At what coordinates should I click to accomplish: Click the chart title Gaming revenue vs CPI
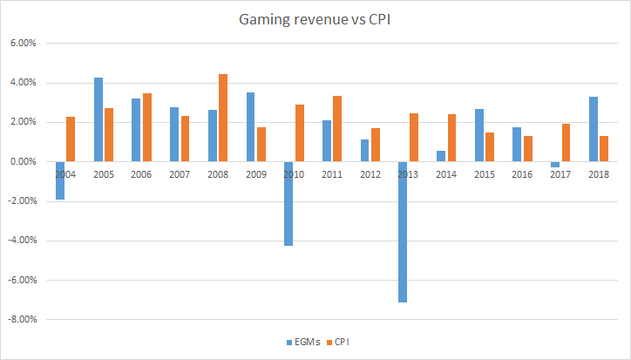[315, 18]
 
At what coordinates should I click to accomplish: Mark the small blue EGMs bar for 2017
[555, 165]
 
